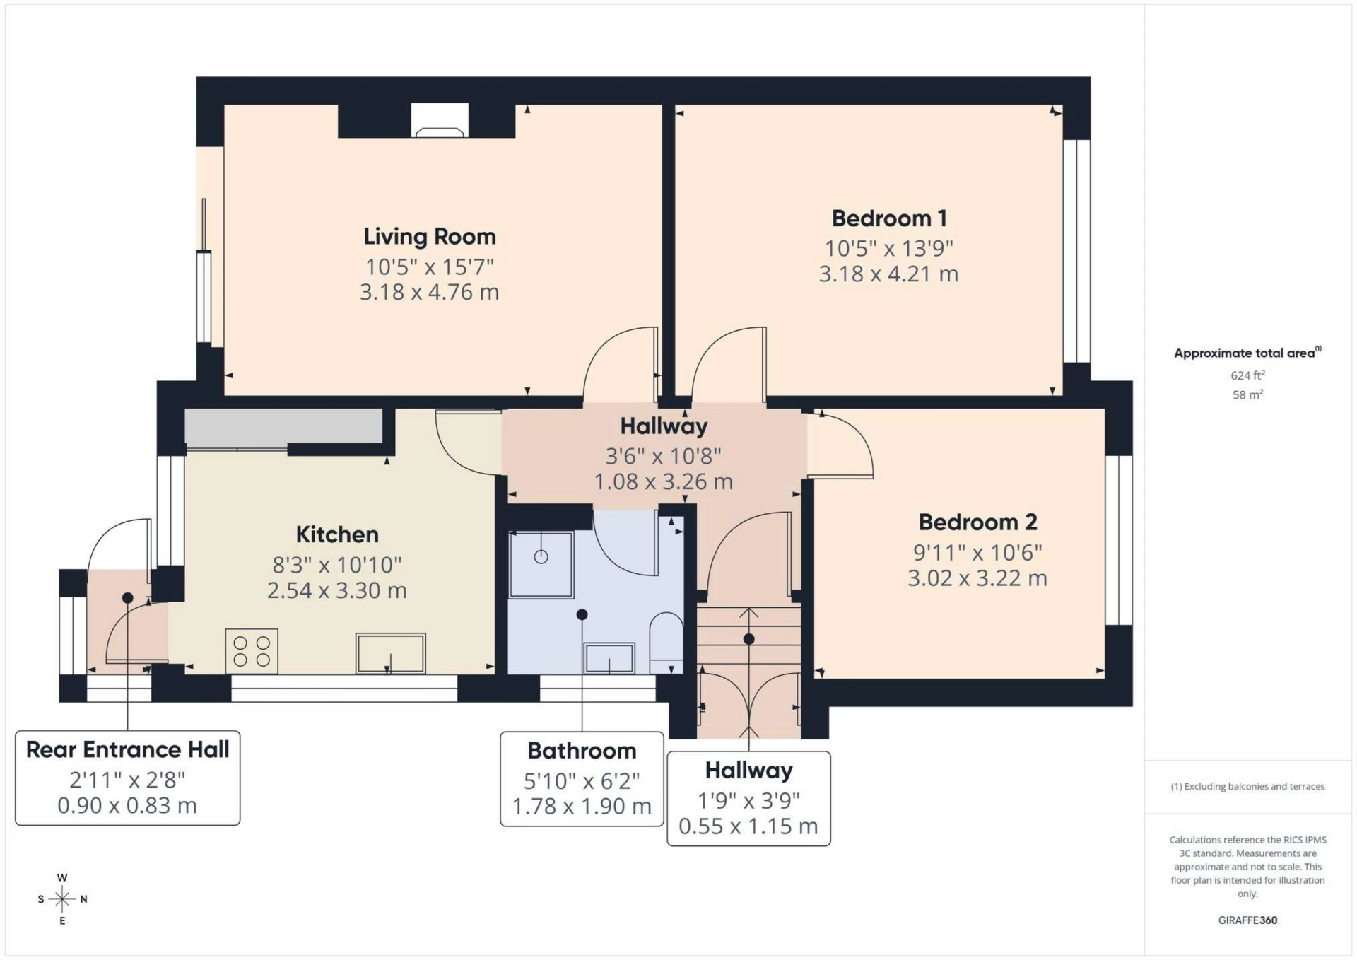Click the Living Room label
click(x=429, y=236)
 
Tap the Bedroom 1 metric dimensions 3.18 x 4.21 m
click(x=888, y=274)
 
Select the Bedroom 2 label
click(x=977, y=522)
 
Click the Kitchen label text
click(x=337, y=534)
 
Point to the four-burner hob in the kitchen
click(x=252, y=651)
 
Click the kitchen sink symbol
click(x=391, y=653)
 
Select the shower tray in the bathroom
click(x=541, y=564)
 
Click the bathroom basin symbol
click(x=609, y=658)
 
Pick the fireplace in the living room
click(x=439, y=122)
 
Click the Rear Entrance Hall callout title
click(x=128, y=749)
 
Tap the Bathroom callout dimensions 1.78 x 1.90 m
click(x=582, y=806)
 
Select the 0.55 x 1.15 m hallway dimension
click(x=748, y=826)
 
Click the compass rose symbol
click(x=62, y=899)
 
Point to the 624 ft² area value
click(x=1247, y=375)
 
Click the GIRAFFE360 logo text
click(x=1247, y=920)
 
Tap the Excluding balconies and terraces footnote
click(x=1247, y=786)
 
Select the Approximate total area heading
click(x=1246, y=353)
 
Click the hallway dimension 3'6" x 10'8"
click(x=663, y=456)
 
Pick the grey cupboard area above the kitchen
click(x=283, y=426)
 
